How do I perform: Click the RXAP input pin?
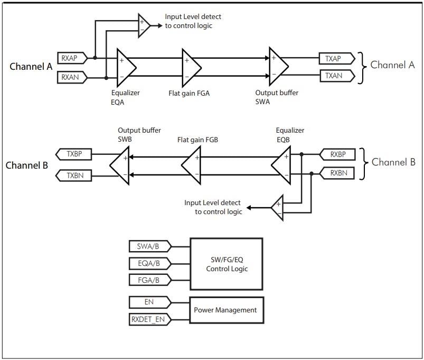click(x=70, y=58)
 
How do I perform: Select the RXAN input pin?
click(x=70, y=77)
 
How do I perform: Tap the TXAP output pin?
click(x=333, y=58)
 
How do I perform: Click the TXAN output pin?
click(x=333, y=76)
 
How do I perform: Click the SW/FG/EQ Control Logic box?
click(x=226, y=264)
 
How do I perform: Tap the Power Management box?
click(x=226, y=310)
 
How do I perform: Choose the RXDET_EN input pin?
click(x=148, y=319)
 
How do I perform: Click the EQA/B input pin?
click(x=148, y=263)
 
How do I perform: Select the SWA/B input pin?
click(x=148, y=246)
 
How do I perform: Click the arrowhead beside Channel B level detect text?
click(x=250, y=208)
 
